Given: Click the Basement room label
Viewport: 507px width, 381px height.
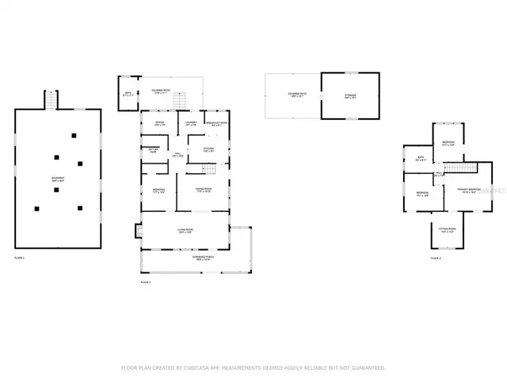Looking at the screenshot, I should tap(58, 181).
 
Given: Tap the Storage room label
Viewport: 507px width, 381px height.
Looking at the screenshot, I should tap(350, 95).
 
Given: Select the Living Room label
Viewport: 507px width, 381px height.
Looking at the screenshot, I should tap(186, 231).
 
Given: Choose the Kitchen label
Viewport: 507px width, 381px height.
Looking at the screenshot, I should tap(209, 148).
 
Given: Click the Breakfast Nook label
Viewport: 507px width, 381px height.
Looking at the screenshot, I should tap(216, 124).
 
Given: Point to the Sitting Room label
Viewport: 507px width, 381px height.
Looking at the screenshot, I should tap(446, 231).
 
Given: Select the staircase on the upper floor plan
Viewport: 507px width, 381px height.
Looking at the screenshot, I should tap(461, 168).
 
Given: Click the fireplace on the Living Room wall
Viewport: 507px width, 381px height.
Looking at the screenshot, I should tap(139, 233).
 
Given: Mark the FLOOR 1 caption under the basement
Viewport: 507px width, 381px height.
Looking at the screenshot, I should tap(20, 259).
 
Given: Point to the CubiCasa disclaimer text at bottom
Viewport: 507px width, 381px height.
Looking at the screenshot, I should tap(253, 368).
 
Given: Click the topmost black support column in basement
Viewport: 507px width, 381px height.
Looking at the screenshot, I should tap(74, 136).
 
